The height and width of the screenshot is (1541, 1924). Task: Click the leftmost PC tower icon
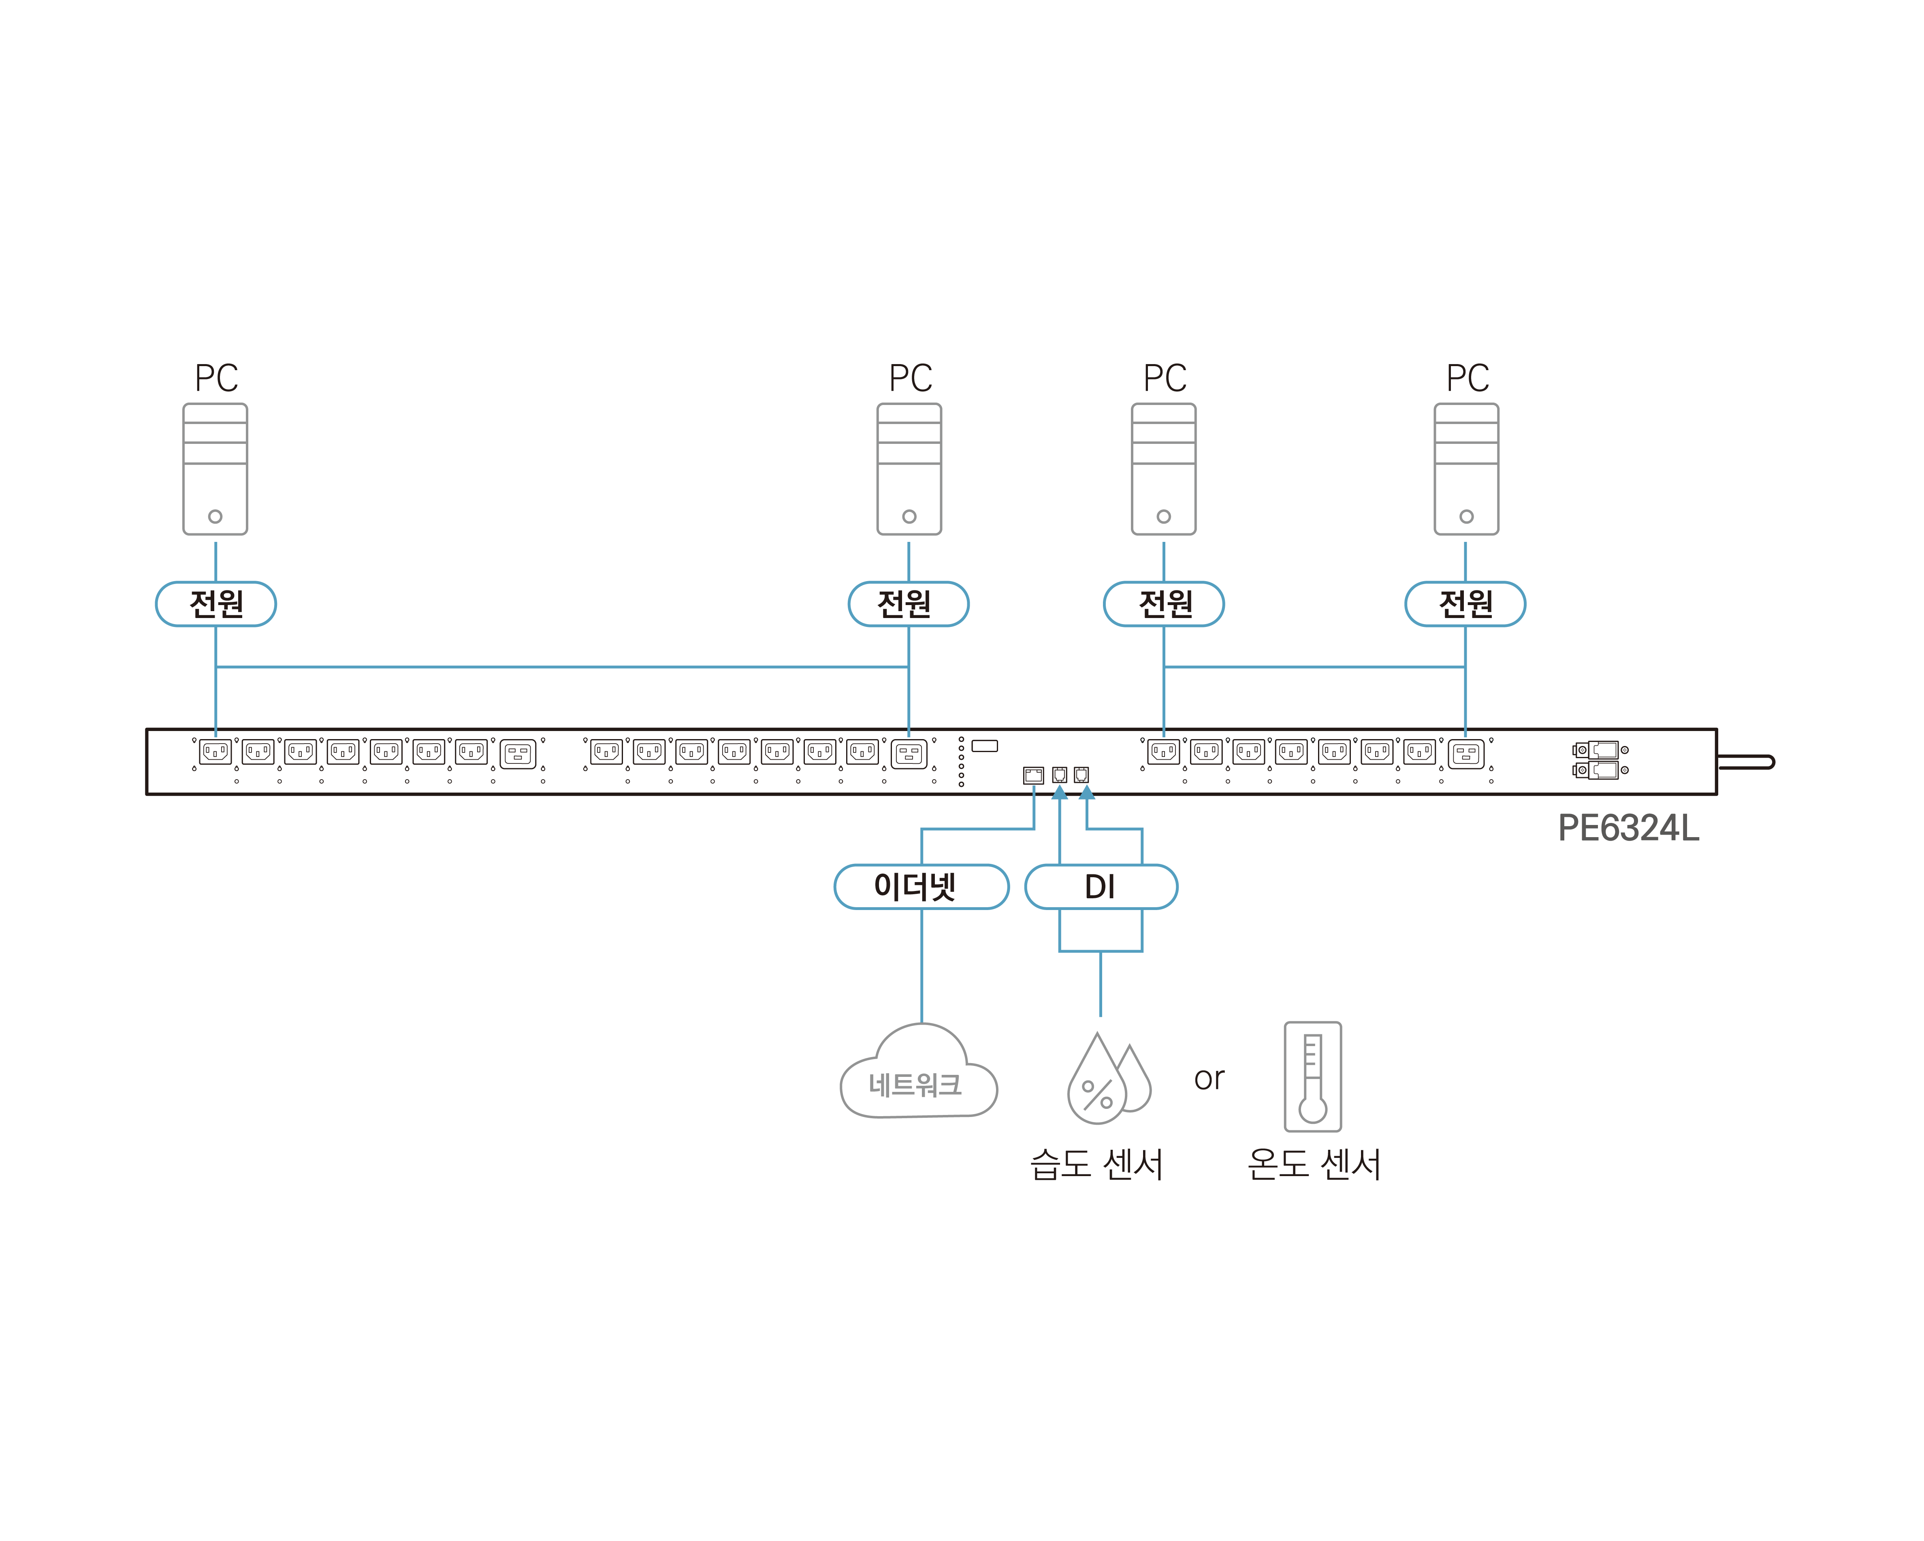tap(215, 469)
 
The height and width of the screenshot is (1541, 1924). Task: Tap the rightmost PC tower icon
tap(1466, 469)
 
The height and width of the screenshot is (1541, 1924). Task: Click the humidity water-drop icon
tap(1107, 1080)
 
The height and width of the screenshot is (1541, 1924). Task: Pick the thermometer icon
tap(1312, 1077)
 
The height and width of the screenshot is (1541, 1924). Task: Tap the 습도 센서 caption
tap(1097, 1164)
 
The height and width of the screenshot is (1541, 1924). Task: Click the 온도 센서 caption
tap(1314, 1164)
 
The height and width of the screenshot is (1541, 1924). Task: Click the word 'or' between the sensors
tap(1209, 1079)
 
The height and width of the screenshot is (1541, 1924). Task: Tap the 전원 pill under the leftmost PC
tap(216, 604)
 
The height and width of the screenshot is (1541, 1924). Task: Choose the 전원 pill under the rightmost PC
tap(1465, 604)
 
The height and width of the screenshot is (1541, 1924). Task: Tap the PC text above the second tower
tap(910, 378)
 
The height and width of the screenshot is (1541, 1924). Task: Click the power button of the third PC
tap(1164, 517)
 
